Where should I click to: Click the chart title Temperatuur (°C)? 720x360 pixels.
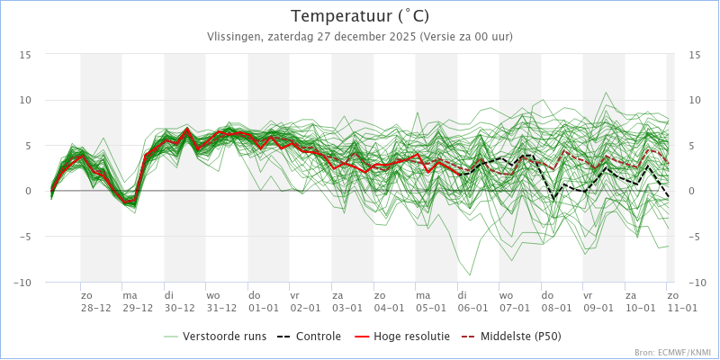(360, 16)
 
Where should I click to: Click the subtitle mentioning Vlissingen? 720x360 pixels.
(360, 37)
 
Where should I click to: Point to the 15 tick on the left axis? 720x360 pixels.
(26, 55)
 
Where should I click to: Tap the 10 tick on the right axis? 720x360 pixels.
(695, 100)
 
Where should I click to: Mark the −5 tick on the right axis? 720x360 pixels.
(695, 237)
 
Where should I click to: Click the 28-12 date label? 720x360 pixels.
(95, 308)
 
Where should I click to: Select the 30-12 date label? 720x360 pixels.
(179, 308)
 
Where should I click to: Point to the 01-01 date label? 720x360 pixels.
(264, 308)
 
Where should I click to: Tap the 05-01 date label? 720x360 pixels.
(431, 308)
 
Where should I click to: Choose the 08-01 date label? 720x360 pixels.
(556, 308)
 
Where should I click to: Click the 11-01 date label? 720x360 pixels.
(681, 308)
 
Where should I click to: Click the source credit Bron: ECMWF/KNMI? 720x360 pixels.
(673, 353)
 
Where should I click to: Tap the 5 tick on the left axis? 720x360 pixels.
(29, 146)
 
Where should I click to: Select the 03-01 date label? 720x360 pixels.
(347, 308)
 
